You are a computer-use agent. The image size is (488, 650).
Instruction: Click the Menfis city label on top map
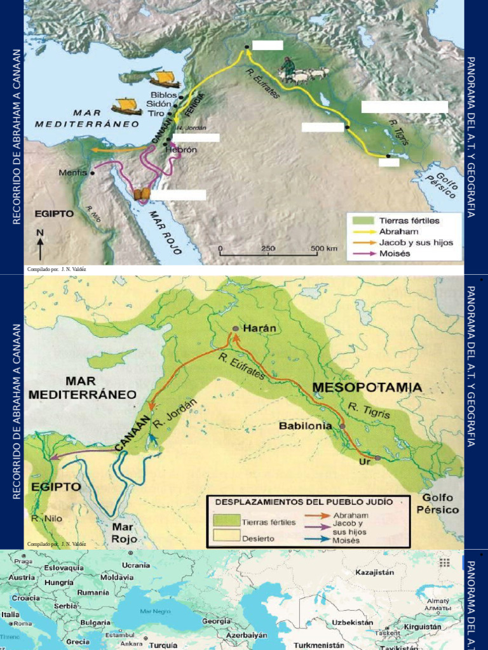72,172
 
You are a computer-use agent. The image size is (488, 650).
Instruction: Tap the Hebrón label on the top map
181,150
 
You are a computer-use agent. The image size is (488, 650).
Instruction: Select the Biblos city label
163,95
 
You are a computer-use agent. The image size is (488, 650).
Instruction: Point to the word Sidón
158,103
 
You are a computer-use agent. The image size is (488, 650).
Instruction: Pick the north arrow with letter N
40,244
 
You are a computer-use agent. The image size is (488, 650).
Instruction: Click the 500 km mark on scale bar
323,248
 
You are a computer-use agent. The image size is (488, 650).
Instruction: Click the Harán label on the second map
261,328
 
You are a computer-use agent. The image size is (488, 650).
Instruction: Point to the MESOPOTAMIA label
367,387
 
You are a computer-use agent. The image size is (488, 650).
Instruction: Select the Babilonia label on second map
305,426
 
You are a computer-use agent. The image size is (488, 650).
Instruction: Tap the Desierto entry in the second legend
259,538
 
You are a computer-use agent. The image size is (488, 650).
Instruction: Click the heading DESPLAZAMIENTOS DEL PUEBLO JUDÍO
304,501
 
